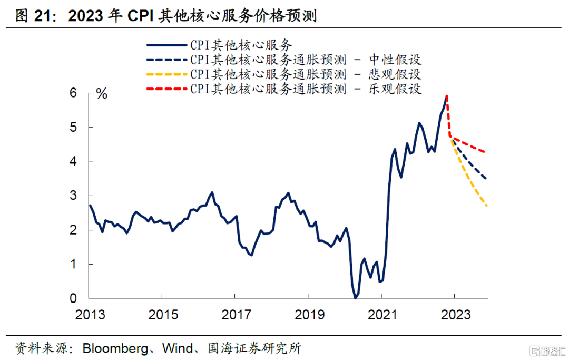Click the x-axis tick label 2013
tap(90, 315)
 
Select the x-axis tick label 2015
tap(163, 315)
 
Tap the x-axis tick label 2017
tap(236, 315)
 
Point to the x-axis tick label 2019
tap(309, 315)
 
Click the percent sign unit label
tap(102, 95)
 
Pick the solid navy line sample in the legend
tap(168, 45)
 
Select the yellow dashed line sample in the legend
tap(168, 74)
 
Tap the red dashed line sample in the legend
tap(168, 88)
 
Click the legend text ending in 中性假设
tap(306, 59)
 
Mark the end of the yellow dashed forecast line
tap(486, 205)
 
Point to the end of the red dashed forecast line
tap(485, 152)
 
